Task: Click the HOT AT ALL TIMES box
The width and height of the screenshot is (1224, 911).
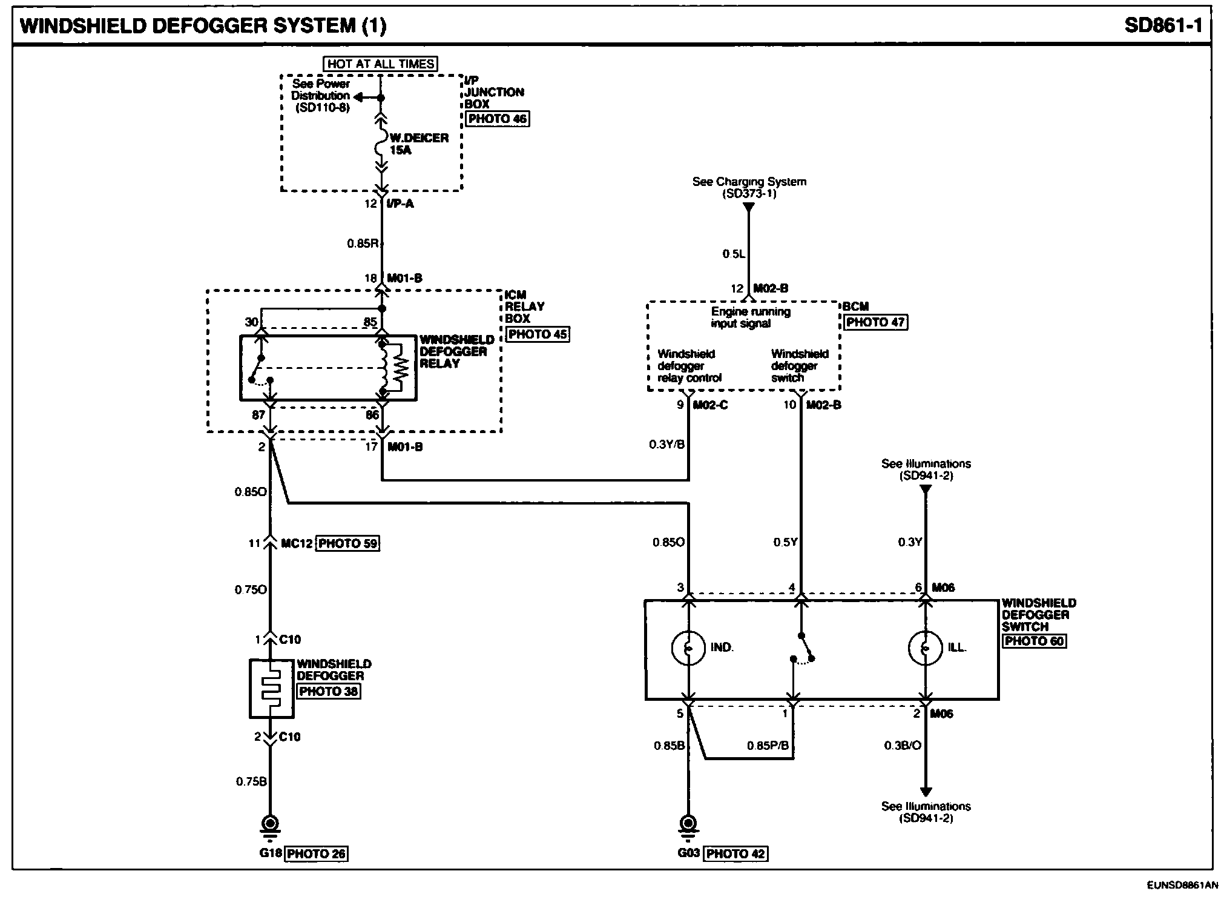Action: point(381,64)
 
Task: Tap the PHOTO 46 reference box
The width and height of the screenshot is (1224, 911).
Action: point(497,119)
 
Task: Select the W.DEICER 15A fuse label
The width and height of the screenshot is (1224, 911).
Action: point(418,144)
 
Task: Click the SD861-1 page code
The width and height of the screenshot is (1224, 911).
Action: point(1162,25)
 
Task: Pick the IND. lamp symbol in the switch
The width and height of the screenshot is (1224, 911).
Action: point(688,648)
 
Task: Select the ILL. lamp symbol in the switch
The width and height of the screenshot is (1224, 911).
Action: point(925,648)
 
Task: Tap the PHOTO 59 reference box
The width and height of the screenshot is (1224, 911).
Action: point(348,543)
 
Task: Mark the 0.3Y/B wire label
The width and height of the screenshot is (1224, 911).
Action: point(666,445)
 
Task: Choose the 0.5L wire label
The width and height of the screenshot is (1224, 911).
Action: point(733,254)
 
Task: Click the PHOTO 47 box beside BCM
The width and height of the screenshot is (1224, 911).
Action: point(875,322)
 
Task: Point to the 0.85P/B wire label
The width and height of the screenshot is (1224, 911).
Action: point(768,746)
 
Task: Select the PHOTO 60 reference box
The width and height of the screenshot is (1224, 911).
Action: point(1034,641)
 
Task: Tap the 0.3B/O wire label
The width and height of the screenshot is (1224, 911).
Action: point(903,746)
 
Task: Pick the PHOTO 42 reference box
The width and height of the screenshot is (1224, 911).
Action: point(735,853)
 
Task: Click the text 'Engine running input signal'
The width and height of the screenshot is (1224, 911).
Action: point(750,317)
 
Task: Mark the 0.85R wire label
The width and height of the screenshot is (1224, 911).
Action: point(363,243)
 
